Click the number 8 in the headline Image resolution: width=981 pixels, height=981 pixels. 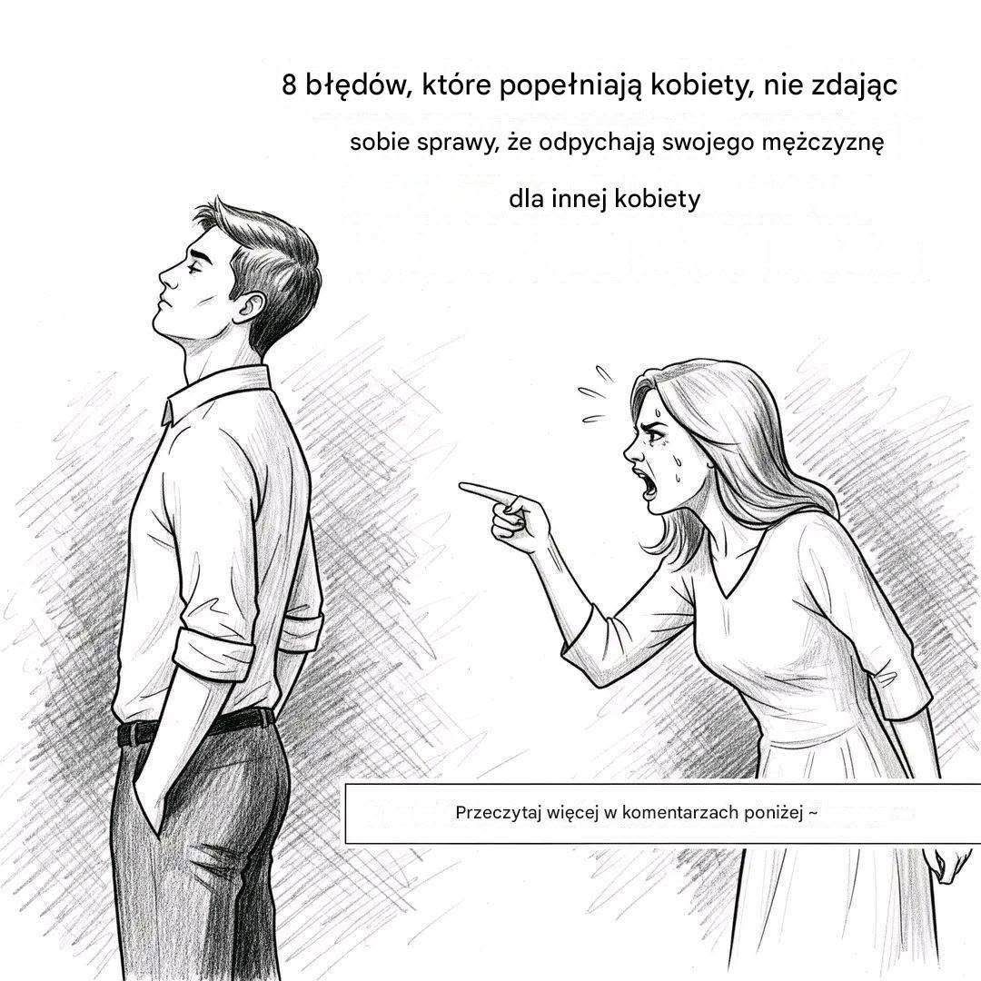point(289,84)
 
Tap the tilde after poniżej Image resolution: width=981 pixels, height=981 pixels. point(812,813)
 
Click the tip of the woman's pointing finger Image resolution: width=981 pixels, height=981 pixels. point(461,485)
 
